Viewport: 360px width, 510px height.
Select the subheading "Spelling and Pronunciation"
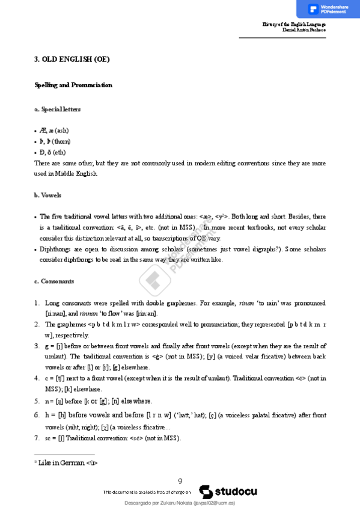(x=73, y=85)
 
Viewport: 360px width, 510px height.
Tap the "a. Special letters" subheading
(x=58, y=109)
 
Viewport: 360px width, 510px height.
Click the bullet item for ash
(x=54, y=130)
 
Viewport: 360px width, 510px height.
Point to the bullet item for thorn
(x=55, y=141)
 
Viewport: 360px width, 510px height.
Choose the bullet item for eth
(x=52, y=152)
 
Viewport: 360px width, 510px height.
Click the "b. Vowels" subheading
(x=47, y=195)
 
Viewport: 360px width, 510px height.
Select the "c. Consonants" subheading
(x=54, y=281)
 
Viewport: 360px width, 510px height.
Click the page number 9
(x=180, y=481)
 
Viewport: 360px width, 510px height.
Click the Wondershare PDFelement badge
(x=328, y=9)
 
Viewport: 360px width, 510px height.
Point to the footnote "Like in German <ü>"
(x=67, y=463)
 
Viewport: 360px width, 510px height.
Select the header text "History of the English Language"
(x=294, y=24)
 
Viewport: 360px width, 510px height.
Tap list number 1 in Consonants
(x=37, y=303)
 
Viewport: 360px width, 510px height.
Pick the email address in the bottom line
(x=213, y=502)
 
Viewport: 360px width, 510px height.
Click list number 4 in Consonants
(x=37, y=378)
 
